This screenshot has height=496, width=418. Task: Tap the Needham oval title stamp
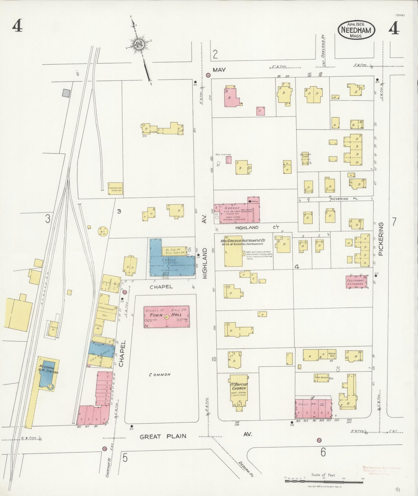coord(356,30)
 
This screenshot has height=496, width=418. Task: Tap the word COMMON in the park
coord(160,375)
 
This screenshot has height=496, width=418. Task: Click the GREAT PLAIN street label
coord(163,437)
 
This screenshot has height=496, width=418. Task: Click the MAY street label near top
coord(219,70)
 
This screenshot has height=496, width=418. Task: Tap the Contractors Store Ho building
coord(115,188)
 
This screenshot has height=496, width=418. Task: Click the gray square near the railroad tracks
coord(67,93)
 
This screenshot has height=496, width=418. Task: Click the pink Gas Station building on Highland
coord(228,159)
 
